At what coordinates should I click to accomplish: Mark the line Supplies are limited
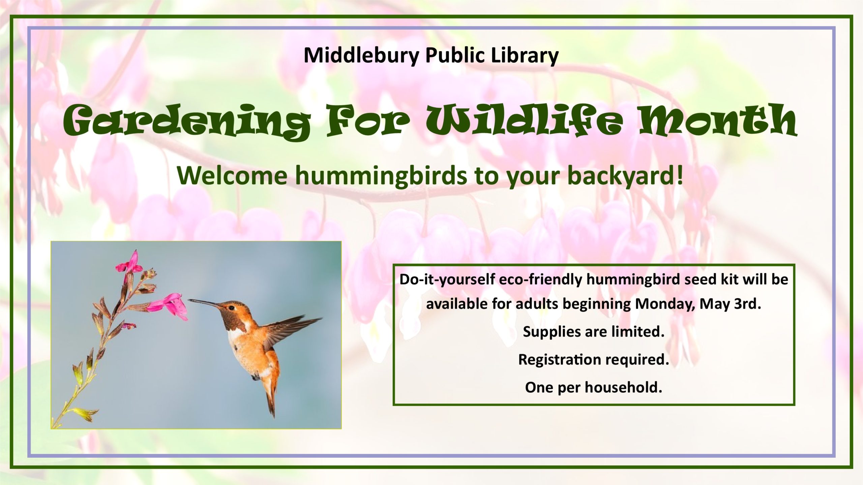594,332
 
